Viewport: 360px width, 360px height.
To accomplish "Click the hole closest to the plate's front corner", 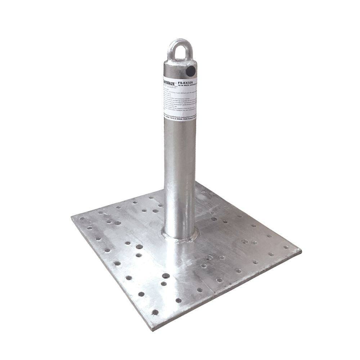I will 155,312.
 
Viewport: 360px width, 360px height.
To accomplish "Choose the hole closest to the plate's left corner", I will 82,219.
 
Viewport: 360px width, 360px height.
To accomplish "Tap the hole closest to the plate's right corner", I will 286,247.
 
